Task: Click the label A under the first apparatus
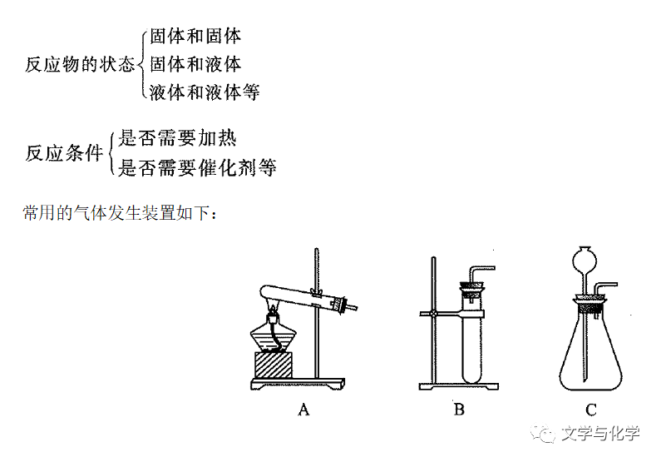point(303,409)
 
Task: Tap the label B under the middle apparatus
point(459,409)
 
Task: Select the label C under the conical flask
point(591,409)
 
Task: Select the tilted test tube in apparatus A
point(299,296)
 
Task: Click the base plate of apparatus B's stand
point(457,386)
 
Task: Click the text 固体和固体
point(195,36)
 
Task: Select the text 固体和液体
point(195,64)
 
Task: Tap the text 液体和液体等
point(205,92)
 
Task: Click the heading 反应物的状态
point(79,65)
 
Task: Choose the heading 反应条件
point(64,153)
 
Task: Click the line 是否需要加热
point(177,138)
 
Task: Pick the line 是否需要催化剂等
point(197,168)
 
